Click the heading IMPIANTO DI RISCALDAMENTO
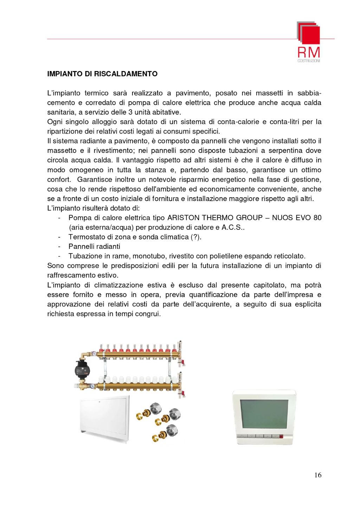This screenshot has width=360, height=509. (102, 74)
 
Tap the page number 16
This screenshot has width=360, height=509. (317, 475)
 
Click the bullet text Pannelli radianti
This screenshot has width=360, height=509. (94, 246)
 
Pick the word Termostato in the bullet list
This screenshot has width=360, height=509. (85, 237)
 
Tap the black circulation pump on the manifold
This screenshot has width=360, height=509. (81, 369)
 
